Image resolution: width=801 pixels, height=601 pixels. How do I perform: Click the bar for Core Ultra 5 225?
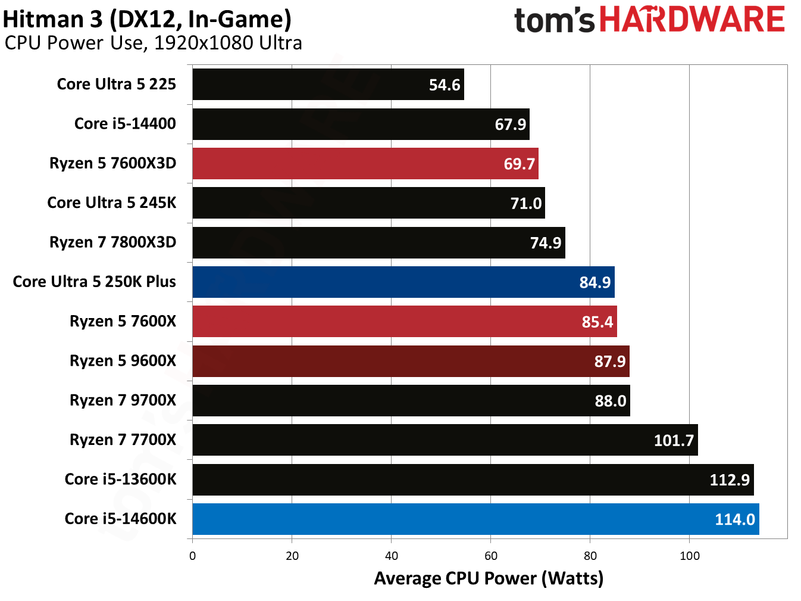(328, 85)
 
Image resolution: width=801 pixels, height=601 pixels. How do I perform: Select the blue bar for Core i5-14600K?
(475, 519)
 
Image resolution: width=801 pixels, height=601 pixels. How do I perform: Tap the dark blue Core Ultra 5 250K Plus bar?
(403, 282)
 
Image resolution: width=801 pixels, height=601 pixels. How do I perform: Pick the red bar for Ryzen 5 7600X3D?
(365, 164)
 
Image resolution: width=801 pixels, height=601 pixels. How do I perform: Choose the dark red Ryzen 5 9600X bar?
(411, 361)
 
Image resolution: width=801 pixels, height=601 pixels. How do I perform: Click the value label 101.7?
(674, 440)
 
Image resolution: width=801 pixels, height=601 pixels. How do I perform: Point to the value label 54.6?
(445, 85)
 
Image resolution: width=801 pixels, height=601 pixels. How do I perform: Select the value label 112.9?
(730, 480)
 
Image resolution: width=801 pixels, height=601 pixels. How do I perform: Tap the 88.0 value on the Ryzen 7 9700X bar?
(611, 401)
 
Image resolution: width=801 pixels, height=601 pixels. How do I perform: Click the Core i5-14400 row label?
(125, 124)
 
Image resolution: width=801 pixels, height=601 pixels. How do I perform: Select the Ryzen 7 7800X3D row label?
(112, 242)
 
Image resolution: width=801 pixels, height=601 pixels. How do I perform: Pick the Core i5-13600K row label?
(120, 479)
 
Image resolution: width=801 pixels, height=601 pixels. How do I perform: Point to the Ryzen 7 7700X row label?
(123, 440)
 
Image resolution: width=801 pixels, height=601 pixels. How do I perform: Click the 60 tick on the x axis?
(491, 556)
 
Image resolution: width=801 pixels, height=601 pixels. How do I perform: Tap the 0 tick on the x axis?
(192, 556)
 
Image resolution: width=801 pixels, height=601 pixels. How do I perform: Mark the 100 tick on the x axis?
(690, 556)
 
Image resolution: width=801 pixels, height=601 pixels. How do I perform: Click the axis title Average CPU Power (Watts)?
(489, 578)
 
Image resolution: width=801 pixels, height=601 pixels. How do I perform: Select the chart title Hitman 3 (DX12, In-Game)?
(147, 19)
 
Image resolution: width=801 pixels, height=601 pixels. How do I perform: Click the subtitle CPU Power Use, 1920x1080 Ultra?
(153, 43)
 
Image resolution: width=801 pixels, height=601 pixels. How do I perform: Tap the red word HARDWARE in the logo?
(692, 20)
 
